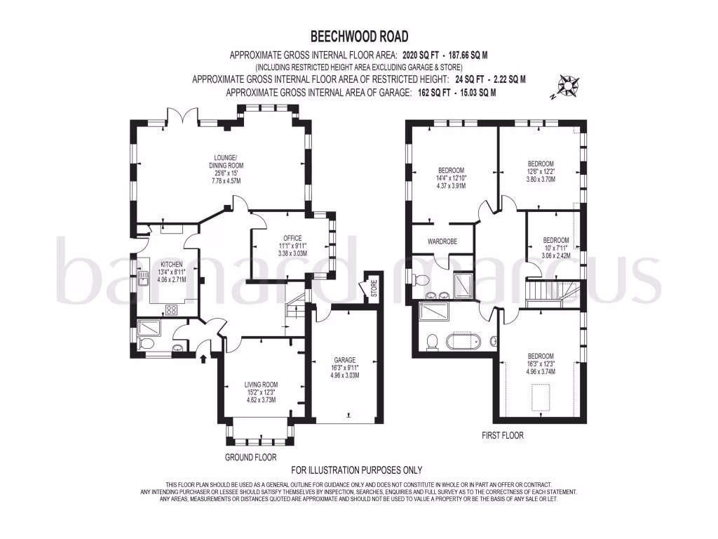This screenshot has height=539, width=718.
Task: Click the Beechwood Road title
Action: point(359,36)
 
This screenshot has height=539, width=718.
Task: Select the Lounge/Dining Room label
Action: point(226,169)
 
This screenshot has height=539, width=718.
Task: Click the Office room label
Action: point(292,246)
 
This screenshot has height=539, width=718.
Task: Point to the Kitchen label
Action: point(172,272)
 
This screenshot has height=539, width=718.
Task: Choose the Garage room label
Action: point(344,368)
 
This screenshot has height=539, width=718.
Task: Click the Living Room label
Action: point(261,392)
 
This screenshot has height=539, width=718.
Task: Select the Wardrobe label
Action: point(442,241)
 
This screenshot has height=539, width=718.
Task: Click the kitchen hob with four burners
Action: point(171,310)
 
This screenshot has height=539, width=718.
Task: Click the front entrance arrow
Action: point(203,357)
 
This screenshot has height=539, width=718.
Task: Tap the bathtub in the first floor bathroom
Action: point(463,342)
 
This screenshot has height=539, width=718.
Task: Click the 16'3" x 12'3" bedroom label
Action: point(541,364)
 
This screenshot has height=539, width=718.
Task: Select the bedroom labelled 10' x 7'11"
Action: point(556,248)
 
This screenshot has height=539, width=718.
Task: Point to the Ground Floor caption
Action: point(250,457)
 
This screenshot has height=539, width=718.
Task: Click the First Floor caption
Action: point(502,435)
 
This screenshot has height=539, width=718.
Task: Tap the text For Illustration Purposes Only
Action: point(357,470)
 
